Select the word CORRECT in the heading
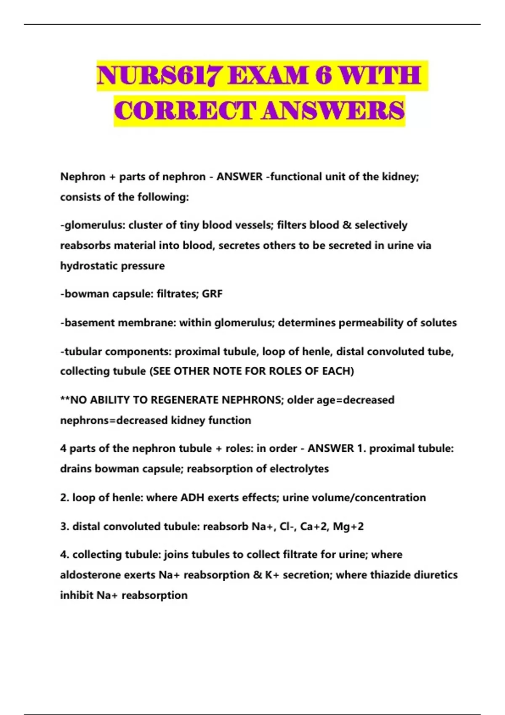(185, 111)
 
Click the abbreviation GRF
(212, 294)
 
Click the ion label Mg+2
(348, 526)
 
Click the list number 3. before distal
(64, 526)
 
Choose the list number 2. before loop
(64, 498)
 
